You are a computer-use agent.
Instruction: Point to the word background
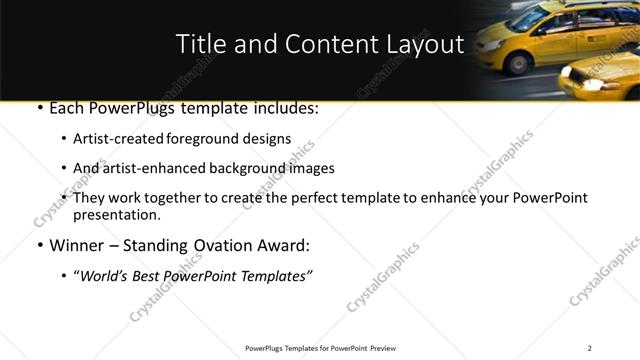245,168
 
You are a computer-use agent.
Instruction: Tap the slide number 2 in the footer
589,348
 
